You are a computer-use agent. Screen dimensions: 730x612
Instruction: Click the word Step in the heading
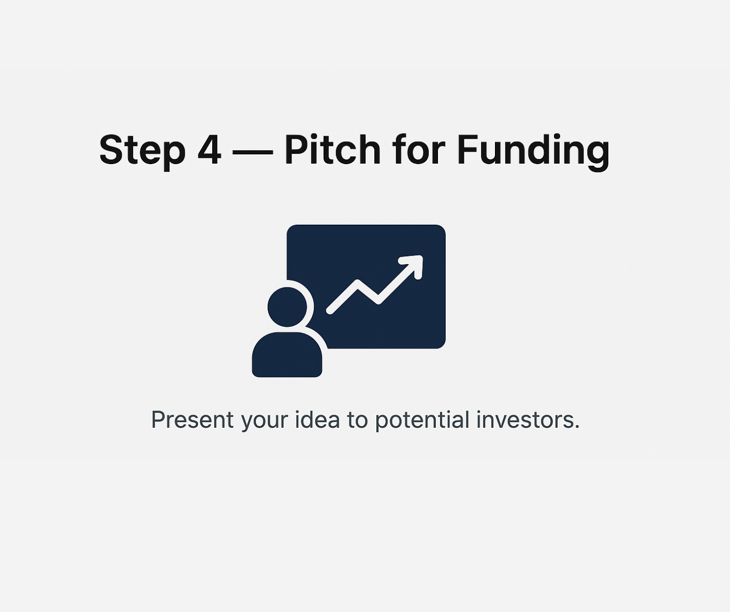point(142,150)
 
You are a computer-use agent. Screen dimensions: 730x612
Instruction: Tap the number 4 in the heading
point(209,149)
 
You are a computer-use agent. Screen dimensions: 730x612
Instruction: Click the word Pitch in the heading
point(332,149)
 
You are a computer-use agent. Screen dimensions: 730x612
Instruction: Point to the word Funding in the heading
point(533,152)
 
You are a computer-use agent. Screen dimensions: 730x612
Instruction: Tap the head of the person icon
point(287,307)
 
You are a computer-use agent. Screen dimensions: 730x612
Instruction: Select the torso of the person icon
point(287,355)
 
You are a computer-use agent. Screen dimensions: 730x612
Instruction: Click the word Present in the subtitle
point(192,420)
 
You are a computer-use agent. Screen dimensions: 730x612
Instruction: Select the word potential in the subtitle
point(422,421)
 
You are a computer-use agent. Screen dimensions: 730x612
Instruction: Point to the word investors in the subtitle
point(524,420)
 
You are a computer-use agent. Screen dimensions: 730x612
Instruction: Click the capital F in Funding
point(468,149)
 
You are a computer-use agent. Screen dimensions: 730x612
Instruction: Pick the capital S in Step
point(112,149)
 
